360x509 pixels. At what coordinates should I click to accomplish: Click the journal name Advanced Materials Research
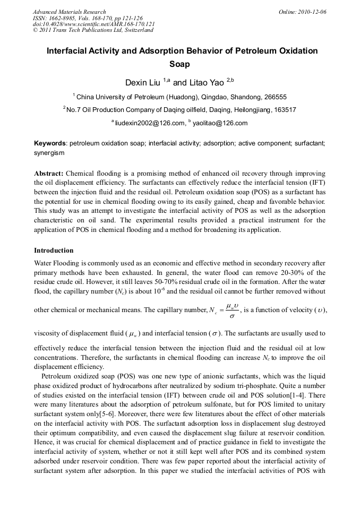coord(69,12)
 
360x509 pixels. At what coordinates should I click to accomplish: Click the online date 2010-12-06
coord(312,12)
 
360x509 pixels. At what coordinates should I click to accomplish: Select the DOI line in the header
coord(93,24)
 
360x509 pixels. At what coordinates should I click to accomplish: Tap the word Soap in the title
coord(179,64)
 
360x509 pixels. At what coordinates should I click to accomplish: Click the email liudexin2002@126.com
coord(149,123)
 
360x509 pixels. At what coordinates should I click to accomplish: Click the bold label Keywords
coord(50,143)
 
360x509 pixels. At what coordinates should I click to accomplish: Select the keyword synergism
coord(49,152)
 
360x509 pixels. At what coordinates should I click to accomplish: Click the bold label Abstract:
coord(49,174)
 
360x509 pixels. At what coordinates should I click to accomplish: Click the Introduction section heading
coord(54,250)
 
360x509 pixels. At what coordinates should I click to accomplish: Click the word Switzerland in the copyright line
coord(138,30)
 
